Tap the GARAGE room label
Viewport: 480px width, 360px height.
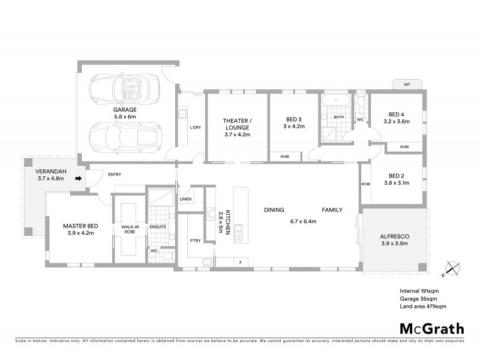125,110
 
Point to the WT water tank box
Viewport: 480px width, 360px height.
406,84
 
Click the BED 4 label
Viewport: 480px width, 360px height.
396,114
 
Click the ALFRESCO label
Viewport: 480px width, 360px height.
395,236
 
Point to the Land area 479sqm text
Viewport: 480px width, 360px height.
423,306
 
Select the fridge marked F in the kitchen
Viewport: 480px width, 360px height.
241,262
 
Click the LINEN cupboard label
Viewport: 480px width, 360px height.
186,199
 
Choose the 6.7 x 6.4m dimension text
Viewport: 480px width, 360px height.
303,221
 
